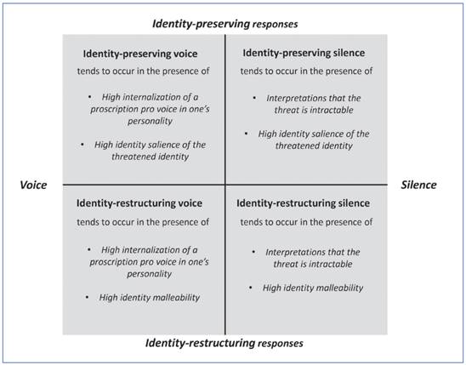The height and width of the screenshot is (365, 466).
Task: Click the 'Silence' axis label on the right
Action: point(418,185)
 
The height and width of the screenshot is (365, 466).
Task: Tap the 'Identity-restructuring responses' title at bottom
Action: point(224,343)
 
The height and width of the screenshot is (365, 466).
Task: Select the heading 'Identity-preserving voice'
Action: point(139,53)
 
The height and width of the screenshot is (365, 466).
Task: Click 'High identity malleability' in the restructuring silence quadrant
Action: point(313,288)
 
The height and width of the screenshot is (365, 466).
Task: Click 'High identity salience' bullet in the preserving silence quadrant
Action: point(313,134)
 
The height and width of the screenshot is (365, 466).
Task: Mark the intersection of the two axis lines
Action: point(224,185)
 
